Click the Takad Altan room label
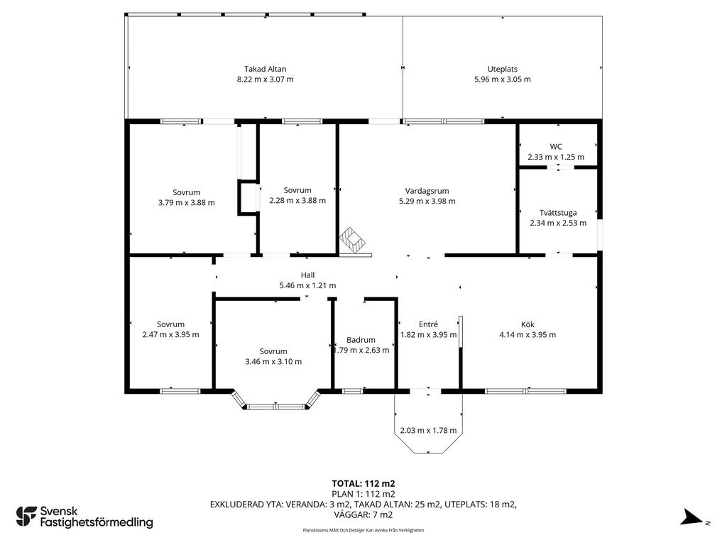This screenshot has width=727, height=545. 266,69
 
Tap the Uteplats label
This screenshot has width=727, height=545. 502,69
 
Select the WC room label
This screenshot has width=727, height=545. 556,146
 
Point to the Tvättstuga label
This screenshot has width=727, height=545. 558,213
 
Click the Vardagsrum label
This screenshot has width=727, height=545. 427,190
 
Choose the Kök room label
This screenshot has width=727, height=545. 528,324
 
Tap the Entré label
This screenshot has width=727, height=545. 428,324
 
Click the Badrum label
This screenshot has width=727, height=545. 361,340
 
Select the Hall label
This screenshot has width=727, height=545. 307,275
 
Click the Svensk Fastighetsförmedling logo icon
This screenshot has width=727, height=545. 26,517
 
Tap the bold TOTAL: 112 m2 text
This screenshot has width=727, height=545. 363,484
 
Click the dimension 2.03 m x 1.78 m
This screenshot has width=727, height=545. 428,430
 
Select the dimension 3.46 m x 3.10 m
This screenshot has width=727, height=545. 273,361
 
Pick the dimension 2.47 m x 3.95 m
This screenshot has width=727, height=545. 170,335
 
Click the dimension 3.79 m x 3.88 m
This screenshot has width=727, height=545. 187,202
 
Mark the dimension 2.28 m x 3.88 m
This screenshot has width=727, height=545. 297,201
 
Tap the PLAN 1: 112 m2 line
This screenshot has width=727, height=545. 363,494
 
